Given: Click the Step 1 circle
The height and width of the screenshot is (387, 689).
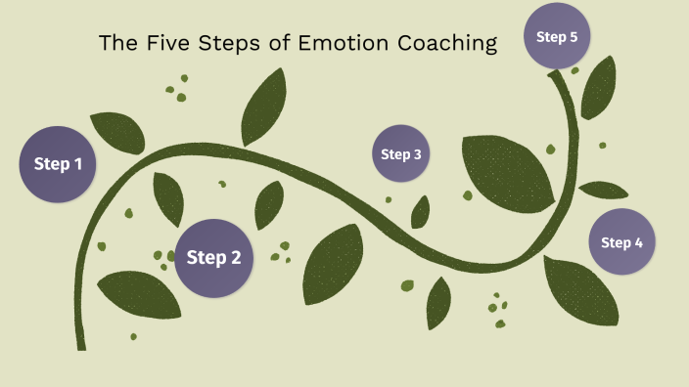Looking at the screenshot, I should click(59, 164).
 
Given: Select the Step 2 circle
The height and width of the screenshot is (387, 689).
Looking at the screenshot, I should click(213, 258).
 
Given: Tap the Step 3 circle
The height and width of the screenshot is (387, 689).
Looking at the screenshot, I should click(401, 154).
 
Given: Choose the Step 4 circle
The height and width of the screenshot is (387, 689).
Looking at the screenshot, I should click(621, 242).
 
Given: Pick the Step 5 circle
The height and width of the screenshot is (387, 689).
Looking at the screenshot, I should click(558, 37).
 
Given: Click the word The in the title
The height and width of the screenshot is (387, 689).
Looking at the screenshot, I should click(118, 44).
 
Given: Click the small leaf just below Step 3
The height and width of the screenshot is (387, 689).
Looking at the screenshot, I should click(421, 212).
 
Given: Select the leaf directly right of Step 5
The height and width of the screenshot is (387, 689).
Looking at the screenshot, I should click(598, 87).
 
